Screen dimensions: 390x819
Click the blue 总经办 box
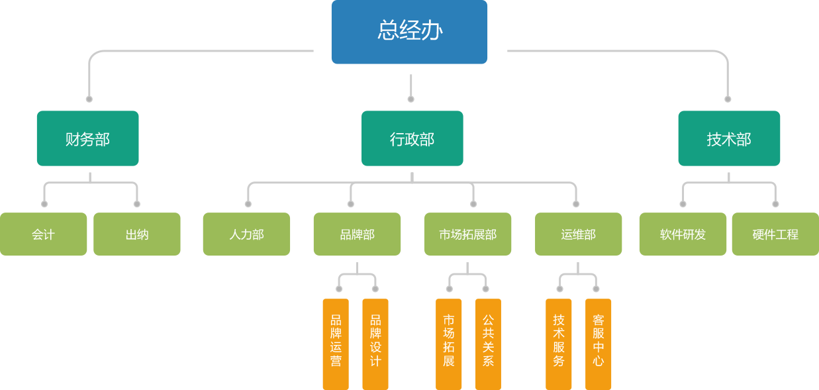click(409, 32)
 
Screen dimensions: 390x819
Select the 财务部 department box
click(87, 138)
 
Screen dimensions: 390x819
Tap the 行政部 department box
click(412, 138)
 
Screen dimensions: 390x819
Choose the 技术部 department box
click(729, 138)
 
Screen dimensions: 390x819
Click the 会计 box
click(43, 234)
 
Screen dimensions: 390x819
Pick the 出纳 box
click(136, 234)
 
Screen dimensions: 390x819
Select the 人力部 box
click(246, 234)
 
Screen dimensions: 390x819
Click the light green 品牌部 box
click(357, 234)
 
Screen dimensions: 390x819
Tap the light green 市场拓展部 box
click(467, 234)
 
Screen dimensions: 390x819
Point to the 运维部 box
click(578, 234)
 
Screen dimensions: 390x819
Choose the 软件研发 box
click(683, 234)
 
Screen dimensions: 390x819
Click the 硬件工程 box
click(775, 234)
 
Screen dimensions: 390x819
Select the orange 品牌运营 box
click(336, 344)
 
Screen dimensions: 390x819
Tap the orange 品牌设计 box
click(375, 344)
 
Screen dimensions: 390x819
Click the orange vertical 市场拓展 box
click(448, 344)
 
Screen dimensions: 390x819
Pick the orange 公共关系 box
click(488, 344)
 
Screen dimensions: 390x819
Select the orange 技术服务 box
click(559, 344)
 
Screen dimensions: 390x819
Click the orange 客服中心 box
click(599, 344)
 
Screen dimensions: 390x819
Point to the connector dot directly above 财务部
click(89, 99)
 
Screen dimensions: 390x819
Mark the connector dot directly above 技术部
click(728, 99)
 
